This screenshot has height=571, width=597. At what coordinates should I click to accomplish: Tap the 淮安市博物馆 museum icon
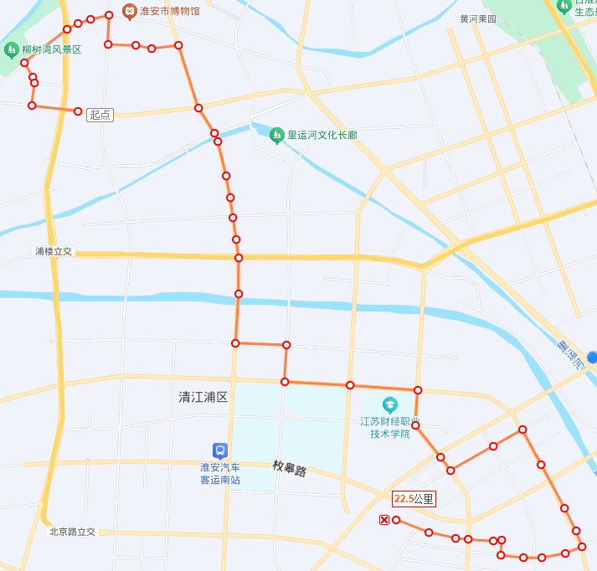coord(129,11)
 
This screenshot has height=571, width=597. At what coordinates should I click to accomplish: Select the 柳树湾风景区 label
coord(52,50)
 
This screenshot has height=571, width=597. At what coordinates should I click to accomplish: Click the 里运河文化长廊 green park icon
coord(277,134)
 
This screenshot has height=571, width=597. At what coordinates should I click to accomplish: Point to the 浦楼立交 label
coord(54,251)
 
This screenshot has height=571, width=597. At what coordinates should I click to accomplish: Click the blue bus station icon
coord(219,450)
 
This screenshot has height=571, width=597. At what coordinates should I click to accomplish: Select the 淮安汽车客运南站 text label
coord(219,474)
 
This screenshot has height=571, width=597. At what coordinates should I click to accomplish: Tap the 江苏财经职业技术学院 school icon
coord(389,405)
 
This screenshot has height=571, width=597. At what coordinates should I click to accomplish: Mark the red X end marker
coord(384,521)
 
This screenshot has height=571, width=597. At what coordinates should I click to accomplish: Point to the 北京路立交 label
coord(73,532)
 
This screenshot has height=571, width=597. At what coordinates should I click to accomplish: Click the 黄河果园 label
coord(478,19)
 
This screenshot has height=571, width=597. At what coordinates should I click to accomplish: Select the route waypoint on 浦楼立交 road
coord(239,258)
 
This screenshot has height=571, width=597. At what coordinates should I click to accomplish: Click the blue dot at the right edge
coord(592,358)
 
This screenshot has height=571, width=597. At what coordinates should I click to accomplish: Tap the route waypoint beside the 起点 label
coord(78,111)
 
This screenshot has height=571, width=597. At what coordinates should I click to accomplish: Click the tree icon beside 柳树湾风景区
coord(11,50)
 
